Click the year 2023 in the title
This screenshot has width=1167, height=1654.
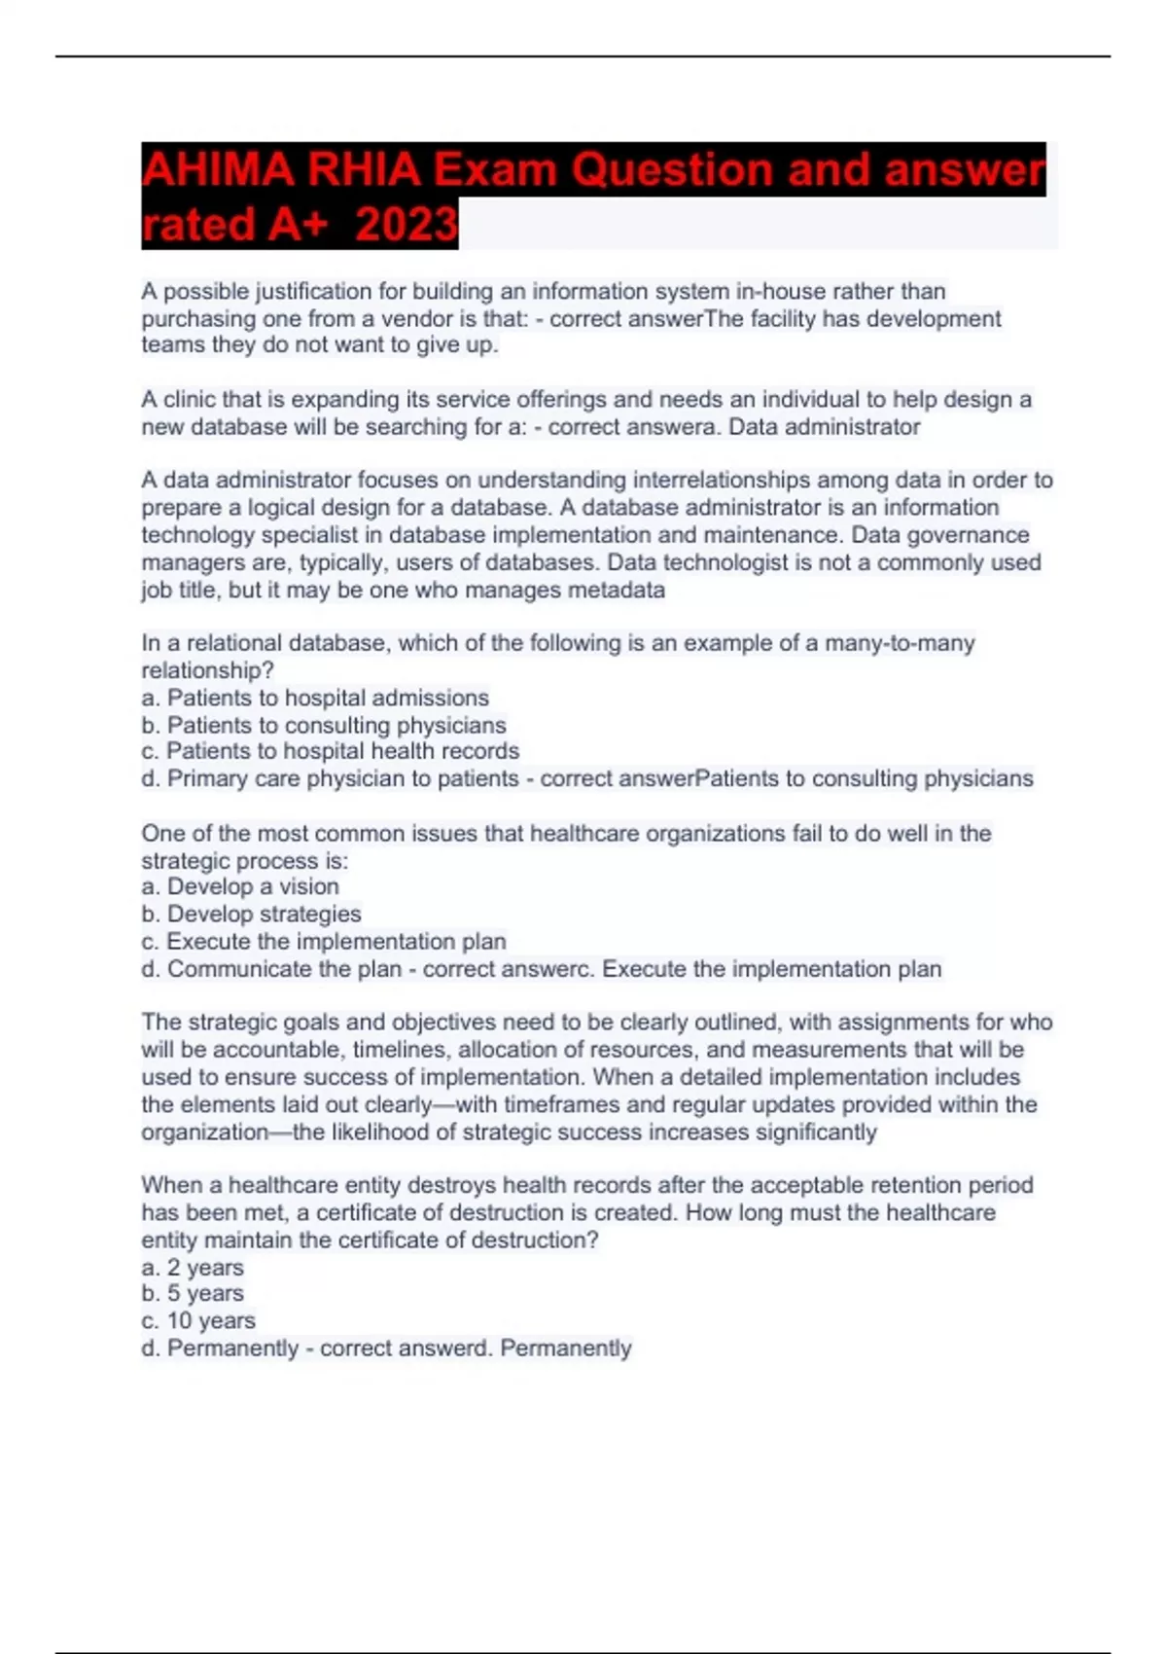[x=407, y=224]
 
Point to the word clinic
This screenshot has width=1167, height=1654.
[x=190, y=400]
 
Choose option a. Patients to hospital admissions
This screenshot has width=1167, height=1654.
[x=315, y=698]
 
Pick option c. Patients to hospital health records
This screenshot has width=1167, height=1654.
[x=331, y=751]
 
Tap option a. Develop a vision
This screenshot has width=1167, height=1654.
[x=240, y=886]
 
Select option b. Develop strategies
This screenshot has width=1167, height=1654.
[x=251, y=914]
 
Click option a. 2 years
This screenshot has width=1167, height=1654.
[x=193, y=1268]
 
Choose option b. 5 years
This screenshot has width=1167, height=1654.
[x=193, y=1293]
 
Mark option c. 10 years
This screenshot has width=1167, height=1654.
[x=198, y=1320]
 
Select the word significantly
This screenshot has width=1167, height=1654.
[x=816, y=1133]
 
